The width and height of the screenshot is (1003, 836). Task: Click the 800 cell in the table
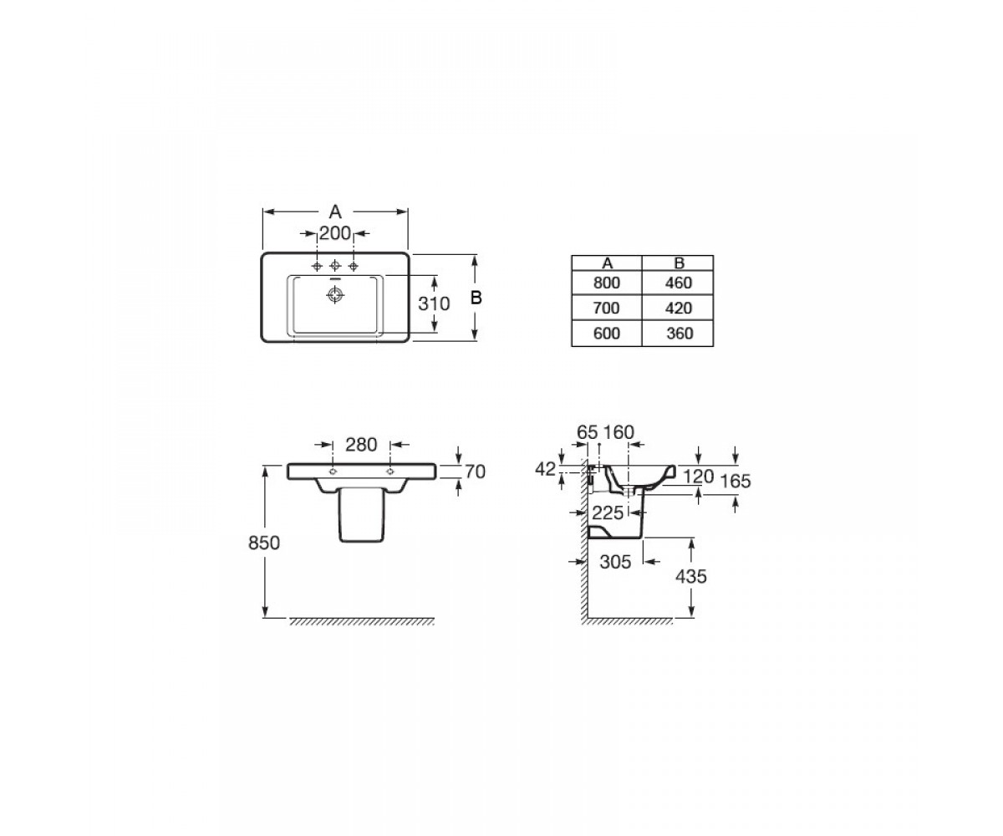pos(606,283)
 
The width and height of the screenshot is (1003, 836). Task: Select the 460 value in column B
pos(678,283)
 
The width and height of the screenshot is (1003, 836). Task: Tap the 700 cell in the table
pos(606,308)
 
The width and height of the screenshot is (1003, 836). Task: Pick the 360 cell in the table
pos(680,334)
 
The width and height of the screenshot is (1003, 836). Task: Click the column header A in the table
pos(607,263)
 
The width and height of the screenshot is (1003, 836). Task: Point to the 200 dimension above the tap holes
pos(335,233)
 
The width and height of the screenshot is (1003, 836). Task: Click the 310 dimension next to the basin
pos(434,303)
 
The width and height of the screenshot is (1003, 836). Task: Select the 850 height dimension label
pos(264,543)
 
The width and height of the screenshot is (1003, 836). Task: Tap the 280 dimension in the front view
pos(361,445)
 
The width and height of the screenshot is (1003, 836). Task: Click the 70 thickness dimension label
pos(475,472)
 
